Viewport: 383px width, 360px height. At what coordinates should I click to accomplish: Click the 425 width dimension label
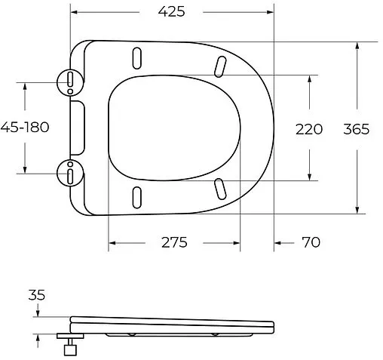point(172,12)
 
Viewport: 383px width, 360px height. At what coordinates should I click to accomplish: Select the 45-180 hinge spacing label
point(25,128)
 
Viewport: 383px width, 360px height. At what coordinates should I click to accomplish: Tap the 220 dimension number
point(308,129)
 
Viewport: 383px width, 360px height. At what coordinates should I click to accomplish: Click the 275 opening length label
point(173,242)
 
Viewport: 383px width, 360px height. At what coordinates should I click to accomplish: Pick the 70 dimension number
point(310,242)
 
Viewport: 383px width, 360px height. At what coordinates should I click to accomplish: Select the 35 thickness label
point(37,295)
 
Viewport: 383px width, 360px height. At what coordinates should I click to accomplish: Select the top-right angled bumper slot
point(222,66)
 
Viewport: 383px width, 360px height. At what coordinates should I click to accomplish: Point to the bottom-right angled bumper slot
point(222,188)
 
